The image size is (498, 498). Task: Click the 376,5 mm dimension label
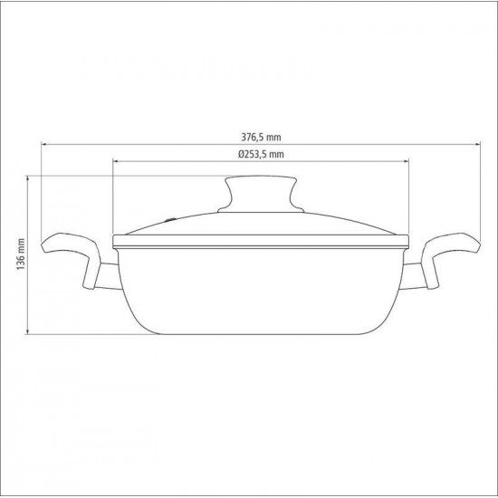261,138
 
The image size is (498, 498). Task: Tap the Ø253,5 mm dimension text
261,154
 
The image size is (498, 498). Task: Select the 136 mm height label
21,254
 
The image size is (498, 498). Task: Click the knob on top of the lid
261,194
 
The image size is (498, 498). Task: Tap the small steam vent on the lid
171,219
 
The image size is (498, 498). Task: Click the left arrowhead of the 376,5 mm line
44,144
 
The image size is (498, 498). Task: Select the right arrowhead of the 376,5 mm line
477,144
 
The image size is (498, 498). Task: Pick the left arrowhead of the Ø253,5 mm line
116,161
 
